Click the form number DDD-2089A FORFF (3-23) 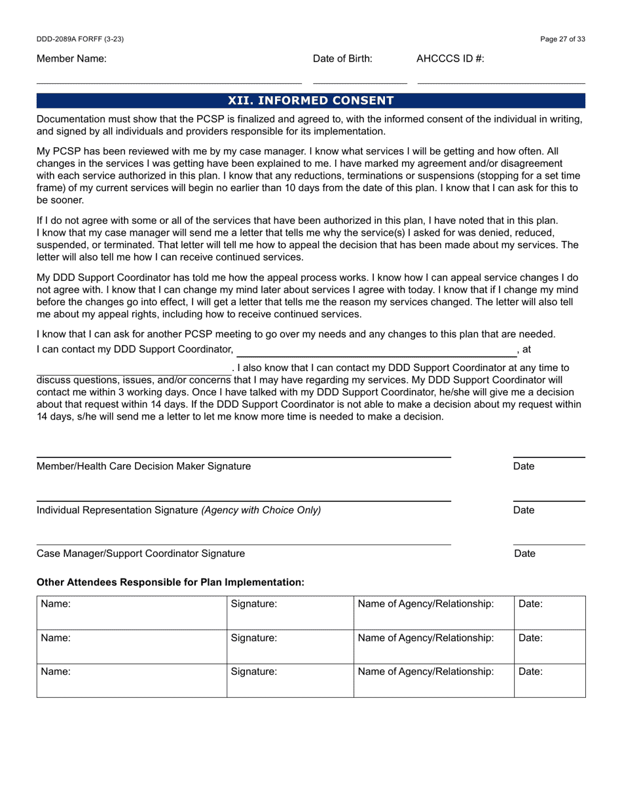80,39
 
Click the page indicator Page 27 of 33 562,39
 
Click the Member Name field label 71,59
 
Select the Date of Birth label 342,59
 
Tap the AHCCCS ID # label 450,59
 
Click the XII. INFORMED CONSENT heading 310,101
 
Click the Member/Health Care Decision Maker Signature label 143,467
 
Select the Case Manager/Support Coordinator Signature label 141,554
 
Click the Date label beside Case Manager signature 524,554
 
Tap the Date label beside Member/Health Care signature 524,467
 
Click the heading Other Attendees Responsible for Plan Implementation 170,582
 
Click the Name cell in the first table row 132,613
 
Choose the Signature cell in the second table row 290,647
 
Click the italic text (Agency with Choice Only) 261,510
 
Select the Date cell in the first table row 549,613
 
